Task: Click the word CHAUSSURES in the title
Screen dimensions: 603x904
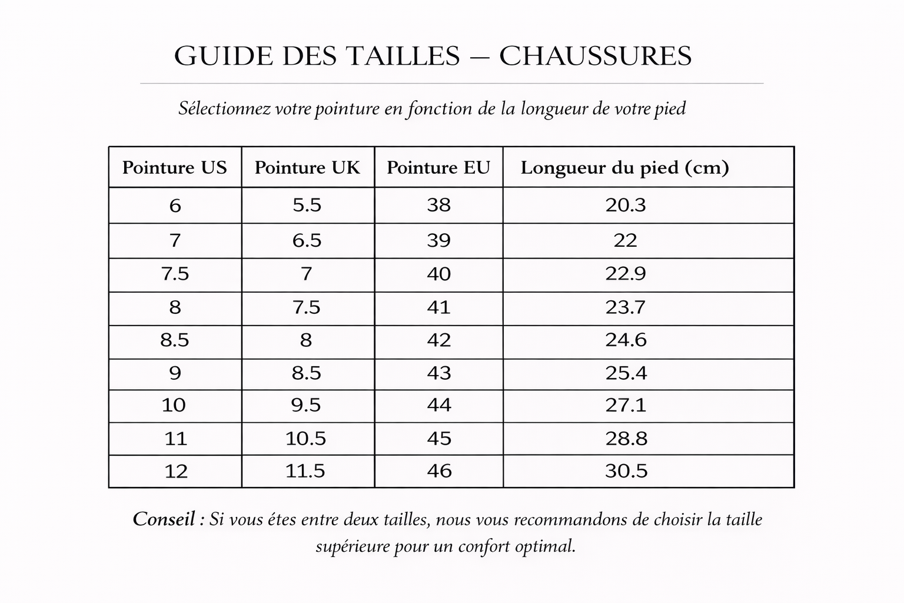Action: click(x=595, y=56)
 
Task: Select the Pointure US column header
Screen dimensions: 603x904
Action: click(x=174, y=168)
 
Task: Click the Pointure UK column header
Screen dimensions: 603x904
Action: click(x=307, y=168)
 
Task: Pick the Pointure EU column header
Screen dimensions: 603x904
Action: click(x=438, y=168)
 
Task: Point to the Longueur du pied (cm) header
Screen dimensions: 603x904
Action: click(x=624, y=168)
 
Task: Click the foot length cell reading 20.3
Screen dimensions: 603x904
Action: click(x=626, y=205)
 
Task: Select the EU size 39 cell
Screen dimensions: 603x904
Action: click(x=438, y=240)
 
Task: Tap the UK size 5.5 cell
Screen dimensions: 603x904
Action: click(x=307, y=205)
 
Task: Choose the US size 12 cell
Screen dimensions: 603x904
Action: click(x=175, y=471)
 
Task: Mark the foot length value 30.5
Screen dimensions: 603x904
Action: click(x=626, y=471)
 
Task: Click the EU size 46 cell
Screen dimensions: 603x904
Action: click(x=439, y=471)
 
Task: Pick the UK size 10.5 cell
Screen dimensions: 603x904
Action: click(x=305, y=439)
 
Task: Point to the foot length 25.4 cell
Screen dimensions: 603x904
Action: click(x=626, y=373)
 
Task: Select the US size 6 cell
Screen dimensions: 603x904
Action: click(x=175, y=206)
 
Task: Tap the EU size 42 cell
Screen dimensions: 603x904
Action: click(x=439, y=340)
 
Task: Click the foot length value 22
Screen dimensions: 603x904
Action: click(x=625, y=240)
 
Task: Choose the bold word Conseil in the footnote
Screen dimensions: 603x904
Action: click(x=164, y=519)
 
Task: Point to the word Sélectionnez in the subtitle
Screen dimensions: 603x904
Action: click(x=225, y=109)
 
